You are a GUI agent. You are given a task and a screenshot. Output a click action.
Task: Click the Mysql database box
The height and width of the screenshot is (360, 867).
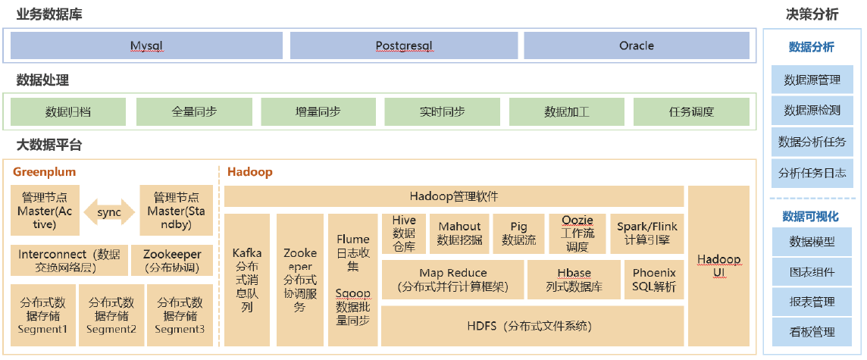(x=146, y=45)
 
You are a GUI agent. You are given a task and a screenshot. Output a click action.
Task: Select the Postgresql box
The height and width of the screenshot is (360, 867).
(x=404, y=45)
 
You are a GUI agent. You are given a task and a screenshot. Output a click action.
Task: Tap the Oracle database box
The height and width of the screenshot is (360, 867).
(x=637, y=45)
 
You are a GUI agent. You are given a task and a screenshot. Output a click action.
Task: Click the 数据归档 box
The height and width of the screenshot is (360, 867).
(x=68, y=111)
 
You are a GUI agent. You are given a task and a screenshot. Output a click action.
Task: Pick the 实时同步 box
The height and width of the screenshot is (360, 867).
(x=443, y=111)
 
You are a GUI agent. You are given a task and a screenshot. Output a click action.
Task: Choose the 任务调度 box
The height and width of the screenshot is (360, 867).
(x=691, y=111)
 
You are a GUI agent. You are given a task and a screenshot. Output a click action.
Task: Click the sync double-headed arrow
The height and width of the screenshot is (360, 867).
(x=109, y=212)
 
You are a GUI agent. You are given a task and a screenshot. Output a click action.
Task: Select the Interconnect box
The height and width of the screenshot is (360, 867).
(x=69, y=261)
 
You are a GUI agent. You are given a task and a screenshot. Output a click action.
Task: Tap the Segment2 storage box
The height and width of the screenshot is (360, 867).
(x=111, y=315)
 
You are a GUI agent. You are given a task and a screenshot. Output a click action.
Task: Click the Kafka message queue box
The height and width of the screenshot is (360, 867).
(x=247, y=280)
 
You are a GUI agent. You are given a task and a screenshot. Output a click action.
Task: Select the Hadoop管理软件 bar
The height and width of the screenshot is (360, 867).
(x=454, y=196)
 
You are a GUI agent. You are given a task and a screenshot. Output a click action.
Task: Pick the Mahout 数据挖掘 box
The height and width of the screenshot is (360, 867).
(x=459, y=233)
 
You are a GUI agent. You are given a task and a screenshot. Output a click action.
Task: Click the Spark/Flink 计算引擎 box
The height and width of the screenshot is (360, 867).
(x=647, y=233)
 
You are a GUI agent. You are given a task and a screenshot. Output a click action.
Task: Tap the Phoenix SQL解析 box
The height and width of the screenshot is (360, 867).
(x=654, y=280)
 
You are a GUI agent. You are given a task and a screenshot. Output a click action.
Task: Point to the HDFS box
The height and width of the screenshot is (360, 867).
(x=533, y=326)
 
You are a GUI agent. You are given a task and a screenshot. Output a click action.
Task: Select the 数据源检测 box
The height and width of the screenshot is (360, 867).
(x=812, y=110)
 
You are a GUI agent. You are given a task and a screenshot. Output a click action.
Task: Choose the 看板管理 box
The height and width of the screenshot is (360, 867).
(x=812, y=333)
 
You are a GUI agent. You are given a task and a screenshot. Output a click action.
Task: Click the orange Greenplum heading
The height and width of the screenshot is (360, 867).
(x=44, y=172)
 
